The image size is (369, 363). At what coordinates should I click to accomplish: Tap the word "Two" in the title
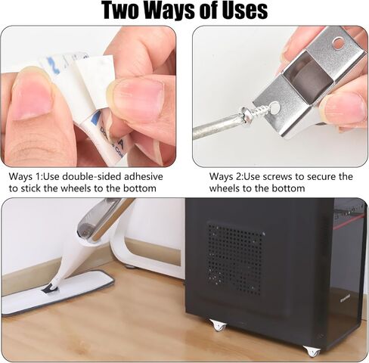pyautogui.click(x=121, y=11)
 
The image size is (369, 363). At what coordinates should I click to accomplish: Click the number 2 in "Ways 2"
pyautogui.click(x=239, y=176)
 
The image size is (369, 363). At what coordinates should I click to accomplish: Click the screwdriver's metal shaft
pyautogui.click(x=216, y=126)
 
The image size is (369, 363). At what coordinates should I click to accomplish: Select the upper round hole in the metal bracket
pyautogui.click(x=338, y=43)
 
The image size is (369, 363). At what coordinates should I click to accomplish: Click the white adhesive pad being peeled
pyautogui.click(x=93, y=76)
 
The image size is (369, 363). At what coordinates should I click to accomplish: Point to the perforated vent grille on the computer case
pyautogui.click(x=235, y=258)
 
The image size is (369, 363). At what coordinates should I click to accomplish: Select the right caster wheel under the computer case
pyautogui.click(x=311, y=351)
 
